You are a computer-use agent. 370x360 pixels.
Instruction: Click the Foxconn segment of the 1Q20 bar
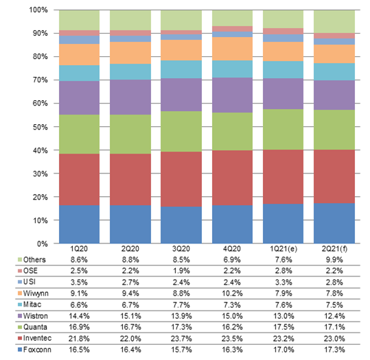(x=79, y=224)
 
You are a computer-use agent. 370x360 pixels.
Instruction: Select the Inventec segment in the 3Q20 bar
(x=181, y=179)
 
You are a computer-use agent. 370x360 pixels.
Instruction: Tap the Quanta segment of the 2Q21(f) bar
(x=334, y=130)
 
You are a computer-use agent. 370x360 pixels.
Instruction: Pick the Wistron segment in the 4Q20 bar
(x=232, y=95)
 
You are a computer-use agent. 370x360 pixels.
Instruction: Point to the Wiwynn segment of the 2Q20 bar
(x=130, y=53)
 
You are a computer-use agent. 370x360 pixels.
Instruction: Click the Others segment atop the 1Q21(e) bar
(x=283, y=19)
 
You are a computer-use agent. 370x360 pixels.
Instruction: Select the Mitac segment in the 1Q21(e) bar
(x=283, y=70)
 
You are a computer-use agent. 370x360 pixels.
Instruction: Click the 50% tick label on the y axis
(x=40, y=127)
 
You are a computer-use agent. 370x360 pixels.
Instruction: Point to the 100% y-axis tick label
(x=38, y=10)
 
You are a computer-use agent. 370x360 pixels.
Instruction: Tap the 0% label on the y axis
(x=43, y=244)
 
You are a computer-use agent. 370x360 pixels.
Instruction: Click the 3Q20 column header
(x=181, y=249)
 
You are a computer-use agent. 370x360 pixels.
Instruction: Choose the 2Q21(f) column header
(x=334, y=249)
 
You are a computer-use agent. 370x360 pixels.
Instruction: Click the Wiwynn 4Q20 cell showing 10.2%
(x=232, y=293)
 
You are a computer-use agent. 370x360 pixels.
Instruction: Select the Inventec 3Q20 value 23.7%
(x=181, y=339)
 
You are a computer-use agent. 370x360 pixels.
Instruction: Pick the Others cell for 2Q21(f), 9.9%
(x=334, y=260)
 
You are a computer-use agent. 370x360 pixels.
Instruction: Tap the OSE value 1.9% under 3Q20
(x=181, y=271)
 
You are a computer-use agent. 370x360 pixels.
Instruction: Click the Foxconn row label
(x=37, y=350)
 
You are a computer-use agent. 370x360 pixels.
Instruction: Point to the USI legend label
(x=30, y=282)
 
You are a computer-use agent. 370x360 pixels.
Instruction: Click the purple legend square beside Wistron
(x=20, y=316)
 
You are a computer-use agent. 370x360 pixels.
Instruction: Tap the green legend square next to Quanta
(x=20, y=327)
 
